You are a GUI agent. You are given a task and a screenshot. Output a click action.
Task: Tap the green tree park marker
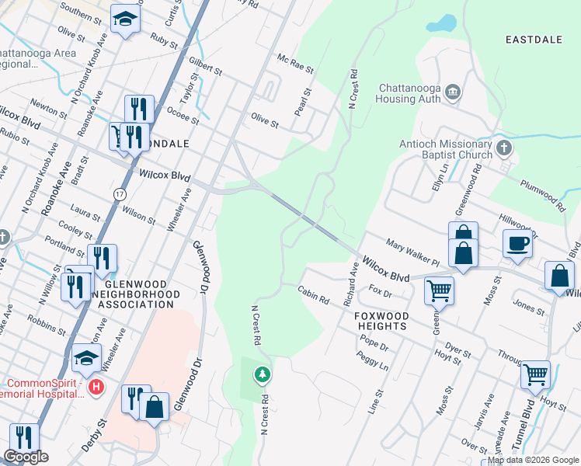[263, 375]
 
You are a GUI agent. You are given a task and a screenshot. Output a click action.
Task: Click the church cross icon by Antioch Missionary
[503, 147]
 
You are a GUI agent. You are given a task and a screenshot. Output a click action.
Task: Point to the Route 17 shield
[119, 193]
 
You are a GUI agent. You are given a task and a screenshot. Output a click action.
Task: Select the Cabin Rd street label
[314, 294]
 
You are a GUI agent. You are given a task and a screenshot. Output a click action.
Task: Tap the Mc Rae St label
[295, 64]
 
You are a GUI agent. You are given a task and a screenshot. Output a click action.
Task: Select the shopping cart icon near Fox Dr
[439, 291]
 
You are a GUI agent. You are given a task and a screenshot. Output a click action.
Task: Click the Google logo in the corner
[26, 457]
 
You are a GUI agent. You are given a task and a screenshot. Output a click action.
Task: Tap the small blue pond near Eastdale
[441, 23]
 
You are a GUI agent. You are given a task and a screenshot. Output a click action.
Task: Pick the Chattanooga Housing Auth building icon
[454, 93]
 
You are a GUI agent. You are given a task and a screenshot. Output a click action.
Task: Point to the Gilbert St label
[205, 66]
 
